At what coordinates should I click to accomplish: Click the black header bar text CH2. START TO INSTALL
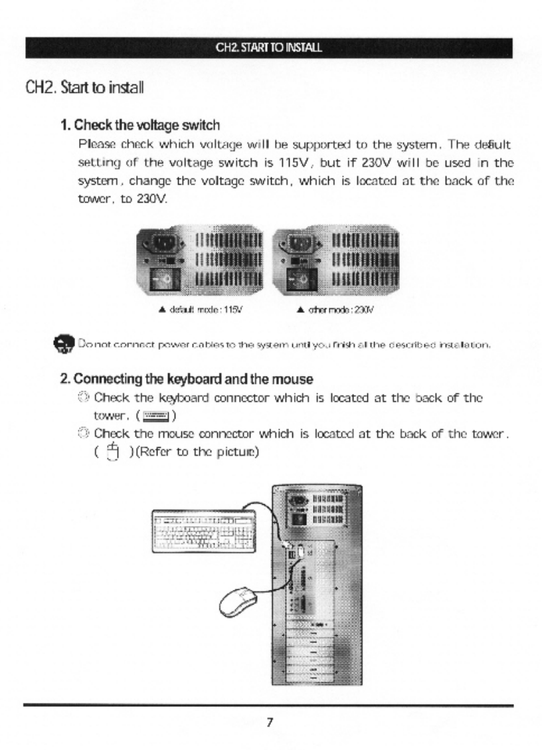[269, 48]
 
